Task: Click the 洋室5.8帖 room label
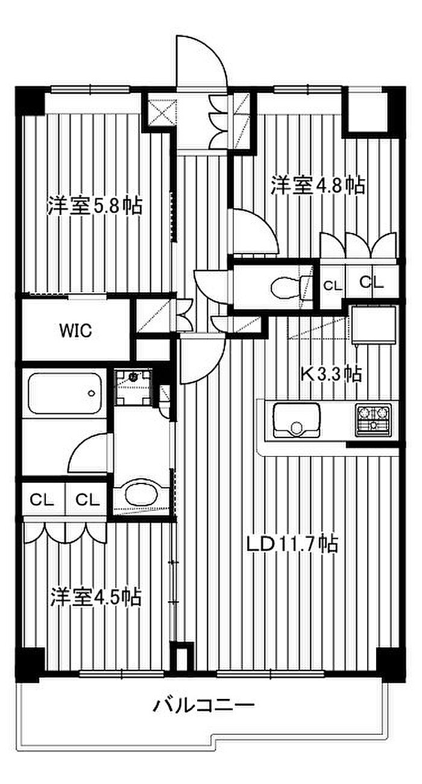[95, 206]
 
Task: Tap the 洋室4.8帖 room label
[318, 185]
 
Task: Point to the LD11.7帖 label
[292, 544]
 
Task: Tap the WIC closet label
[75, 331]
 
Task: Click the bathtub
[65, 394]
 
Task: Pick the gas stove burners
[373, 420]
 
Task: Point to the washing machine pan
[133, 386]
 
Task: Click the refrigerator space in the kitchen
[373, 325]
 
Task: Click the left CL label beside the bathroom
[42, 500]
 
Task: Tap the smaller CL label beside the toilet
[333, 285]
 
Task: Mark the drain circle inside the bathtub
[92, 394]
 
